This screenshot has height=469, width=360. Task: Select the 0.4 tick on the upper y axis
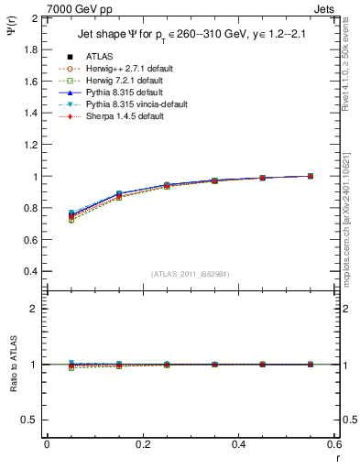click(31, 272)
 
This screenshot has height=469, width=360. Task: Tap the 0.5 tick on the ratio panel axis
click(31, 420)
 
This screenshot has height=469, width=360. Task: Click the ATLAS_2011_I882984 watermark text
click(190, 275)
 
